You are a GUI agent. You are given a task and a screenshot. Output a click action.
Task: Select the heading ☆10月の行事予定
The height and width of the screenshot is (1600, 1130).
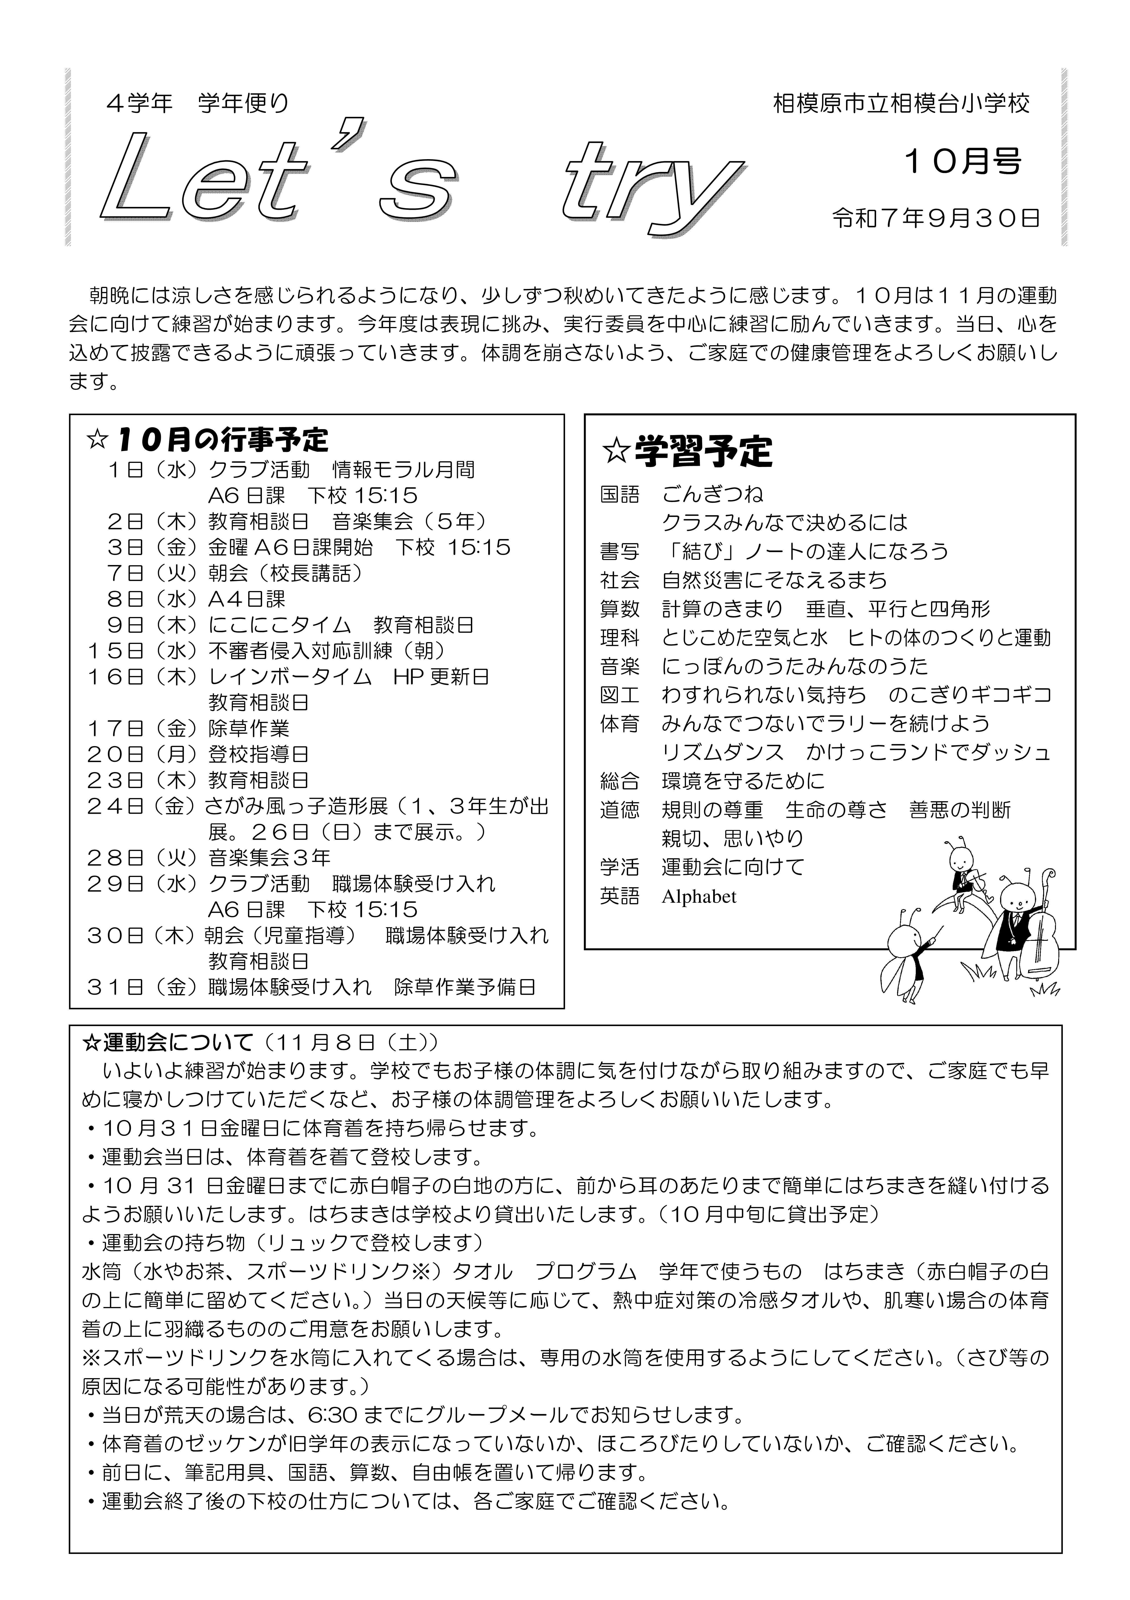pos(207,440)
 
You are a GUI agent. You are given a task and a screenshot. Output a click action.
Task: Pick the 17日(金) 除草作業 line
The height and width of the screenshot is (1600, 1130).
pos(188,728)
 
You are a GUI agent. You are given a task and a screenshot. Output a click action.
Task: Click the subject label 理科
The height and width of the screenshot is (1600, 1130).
pos(619,638)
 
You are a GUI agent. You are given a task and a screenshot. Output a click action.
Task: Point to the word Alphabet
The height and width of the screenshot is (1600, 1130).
pos(699,896)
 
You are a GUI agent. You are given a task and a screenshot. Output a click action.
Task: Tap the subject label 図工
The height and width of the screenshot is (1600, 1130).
pos(619,695)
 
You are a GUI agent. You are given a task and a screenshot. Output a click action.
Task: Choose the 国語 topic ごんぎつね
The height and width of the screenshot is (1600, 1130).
pos(713,494)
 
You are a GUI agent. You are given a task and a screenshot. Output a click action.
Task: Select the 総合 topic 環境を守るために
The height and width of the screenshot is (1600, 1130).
pos(743,781)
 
